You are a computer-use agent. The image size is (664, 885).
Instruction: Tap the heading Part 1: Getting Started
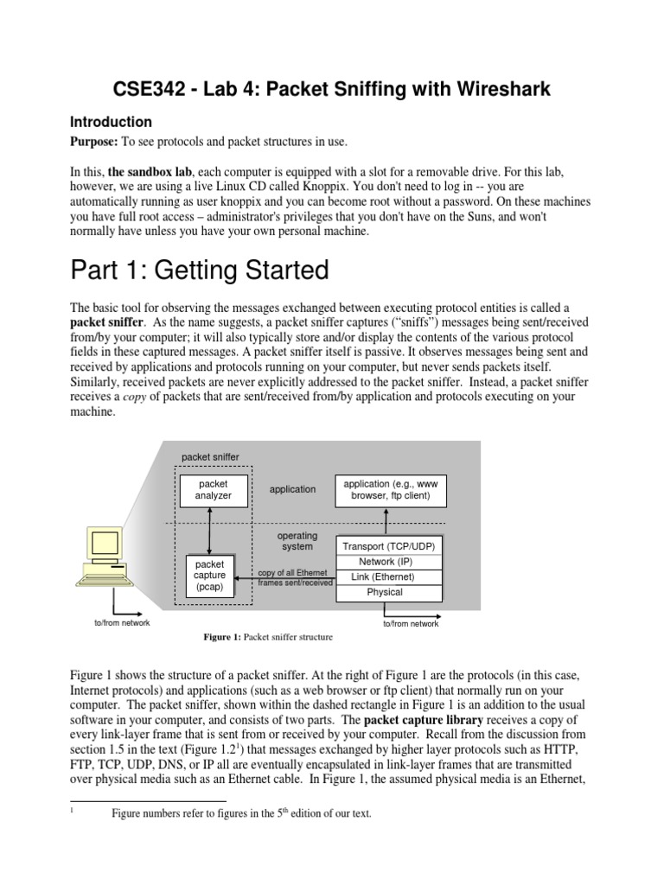pyautogui.click(x=199, y=271)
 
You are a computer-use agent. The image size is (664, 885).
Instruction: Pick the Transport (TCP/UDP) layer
pyautogui.click(x=389, y=547)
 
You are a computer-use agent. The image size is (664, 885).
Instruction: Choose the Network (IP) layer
pyautogui.click(x=389, y=562)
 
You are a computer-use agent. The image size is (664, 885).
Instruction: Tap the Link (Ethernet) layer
pyautogui.click(x=389, y=576)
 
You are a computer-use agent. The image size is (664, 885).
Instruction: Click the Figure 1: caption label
pyautogui.click(x=222, y=637)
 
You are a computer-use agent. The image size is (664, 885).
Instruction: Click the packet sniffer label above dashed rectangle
pyautogui.click(x=210, y=456)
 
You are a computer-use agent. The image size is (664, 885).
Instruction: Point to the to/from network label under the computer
pyautogui.click(x=122, y=623)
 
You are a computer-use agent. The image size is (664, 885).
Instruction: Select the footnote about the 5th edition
pyautogui.click(x=241, y=813)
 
